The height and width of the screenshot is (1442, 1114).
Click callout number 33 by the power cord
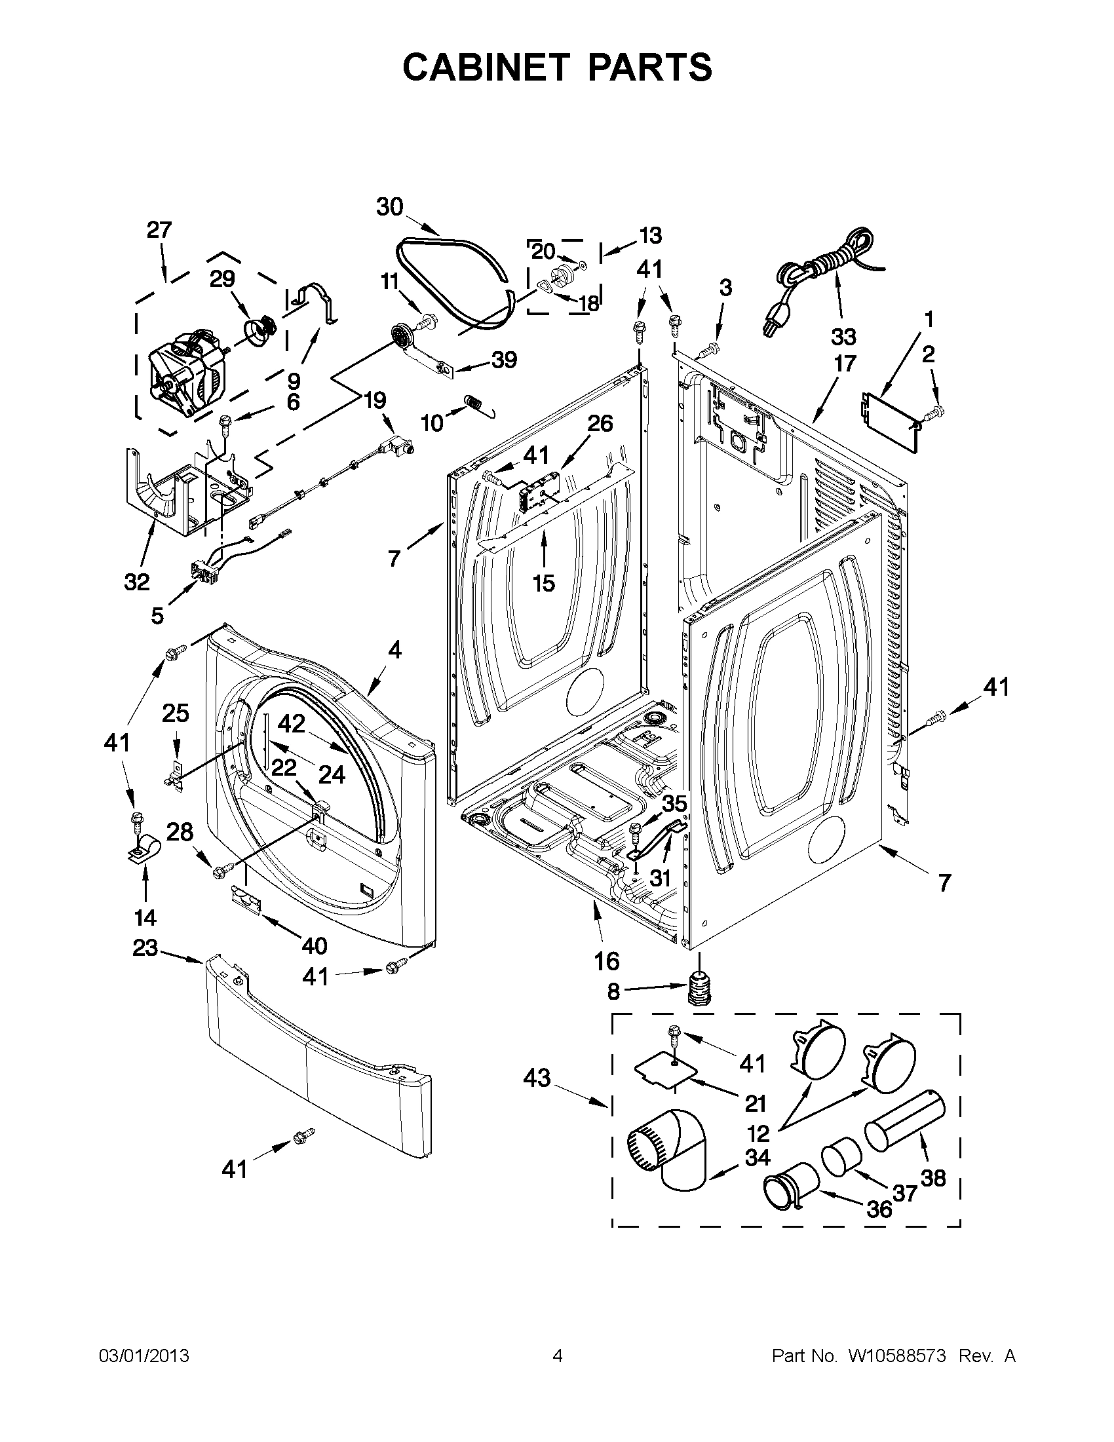pyautogui.click(x=843, y=337)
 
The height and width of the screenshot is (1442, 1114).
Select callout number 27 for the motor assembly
pyautogui.click(x=159, y=231)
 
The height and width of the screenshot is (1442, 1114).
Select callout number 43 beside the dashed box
pyautogui.click(x=536, y=1078)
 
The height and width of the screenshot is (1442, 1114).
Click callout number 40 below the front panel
pyautogui.click(x=315, y=946)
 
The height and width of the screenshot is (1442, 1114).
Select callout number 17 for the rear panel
pyautogui.click(x=845, y=363)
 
